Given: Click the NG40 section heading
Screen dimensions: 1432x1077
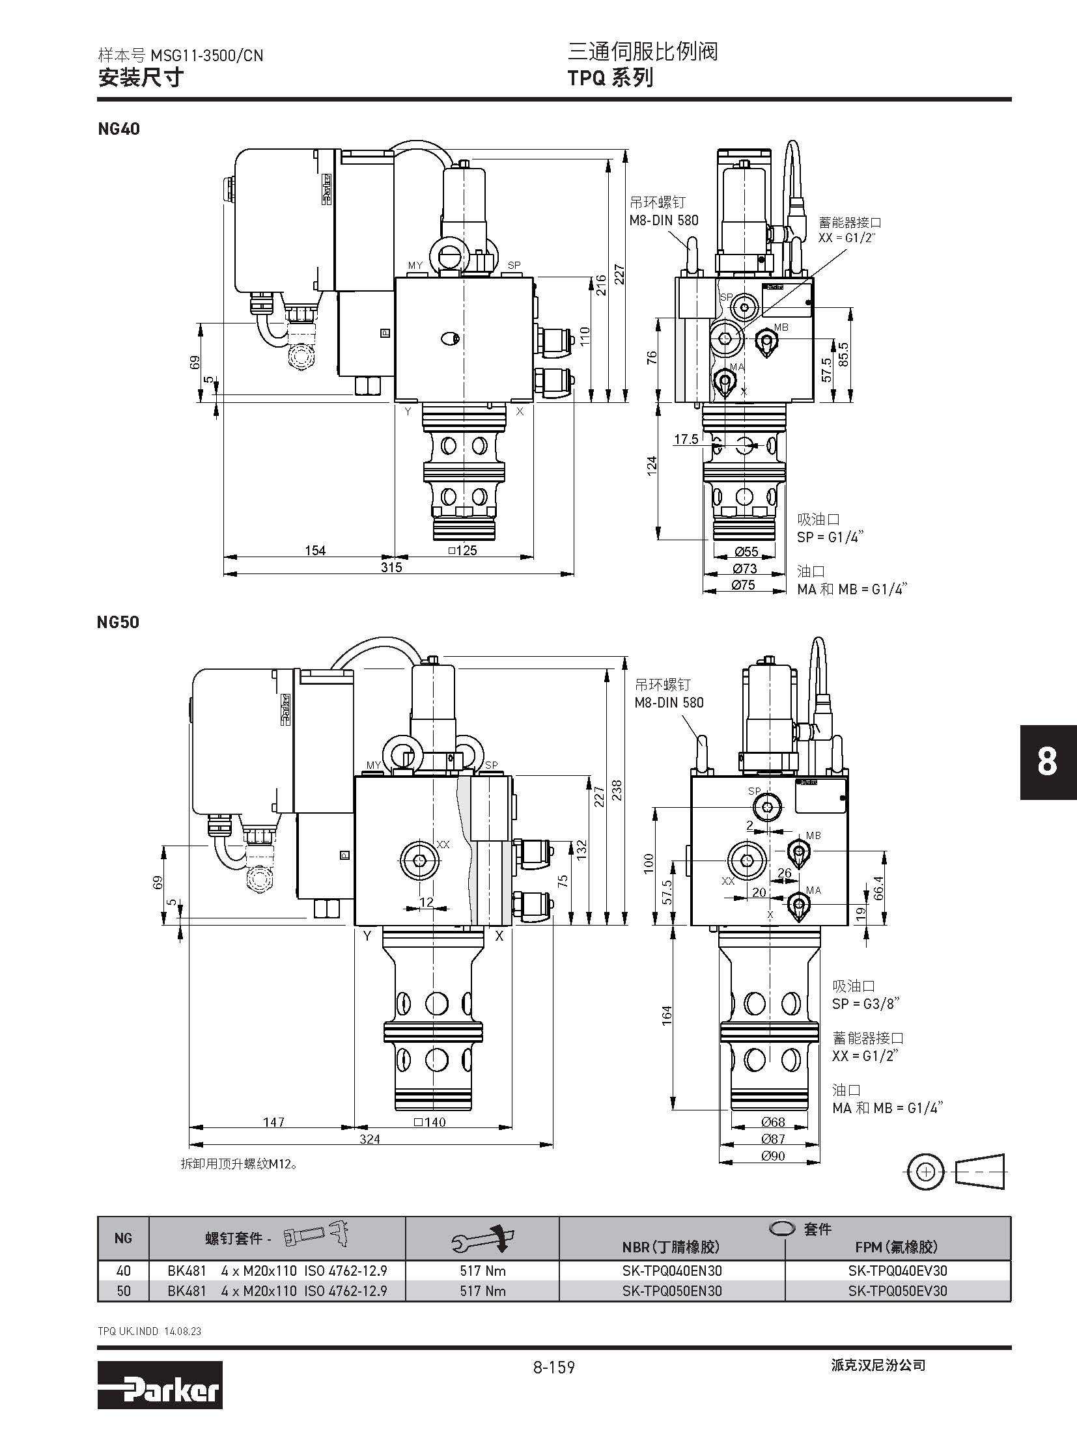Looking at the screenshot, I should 119,129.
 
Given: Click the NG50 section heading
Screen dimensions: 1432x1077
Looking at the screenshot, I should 118,622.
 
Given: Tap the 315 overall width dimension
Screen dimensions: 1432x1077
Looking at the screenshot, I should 391,567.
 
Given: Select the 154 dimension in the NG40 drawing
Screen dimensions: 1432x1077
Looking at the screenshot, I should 315,551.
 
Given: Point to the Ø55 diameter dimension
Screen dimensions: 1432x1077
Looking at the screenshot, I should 746,552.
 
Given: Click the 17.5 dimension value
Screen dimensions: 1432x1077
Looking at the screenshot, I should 686,439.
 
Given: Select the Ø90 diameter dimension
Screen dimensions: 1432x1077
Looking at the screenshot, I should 772,1155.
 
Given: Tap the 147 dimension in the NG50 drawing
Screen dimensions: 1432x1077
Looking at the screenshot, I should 273,1122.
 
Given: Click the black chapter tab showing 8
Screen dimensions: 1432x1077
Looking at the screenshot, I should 1047,762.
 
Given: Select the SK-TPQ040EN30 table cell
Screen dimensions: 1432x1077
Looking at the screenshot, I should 671,1270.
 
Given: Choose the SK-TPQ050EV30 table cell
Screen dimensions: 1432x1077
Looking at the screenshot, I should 897,1290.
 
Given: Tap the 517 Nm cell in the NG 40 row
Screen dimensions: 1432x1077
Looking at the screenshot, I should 483,1270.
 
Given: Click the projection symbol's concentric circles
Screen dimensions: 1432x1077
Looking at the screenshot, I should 925,1172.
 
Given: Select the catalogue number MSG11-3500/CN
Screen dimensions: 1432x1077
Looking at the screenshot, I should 206,56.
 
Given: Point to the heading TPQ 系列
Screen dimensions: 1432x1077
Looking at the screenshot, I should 610,78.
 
